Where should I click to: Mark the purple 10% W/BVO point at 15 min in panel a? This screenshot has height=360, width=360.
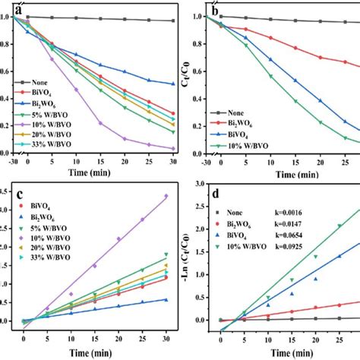pos(99,123)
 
